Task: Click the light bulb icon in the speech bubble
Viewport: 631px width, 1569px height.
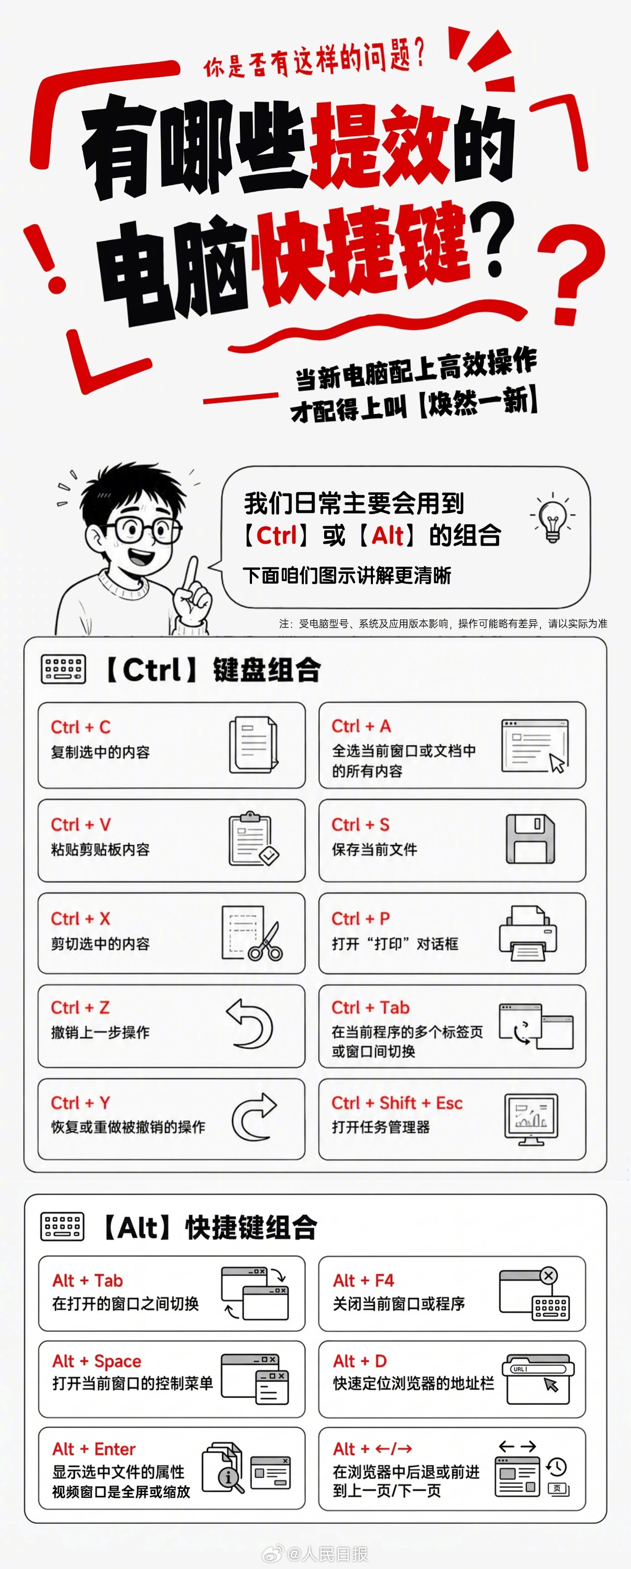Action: pyautogui.click(x=552, y=518)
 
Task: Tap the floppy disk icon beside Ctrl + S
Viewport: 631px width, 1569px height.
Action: pyautogui.click(x=530, y=839)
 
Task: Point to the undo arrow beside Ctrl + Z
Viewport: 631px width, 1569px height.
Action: pyautogui.click(x=249, y=1024)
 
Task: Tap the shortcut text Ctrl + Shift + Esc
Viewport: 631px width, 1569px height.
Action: pyautogui.click(x=397, y=1103)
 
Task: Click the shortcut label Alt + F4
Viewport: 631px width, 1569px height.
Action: pyautogui.click(x=363, y=1280)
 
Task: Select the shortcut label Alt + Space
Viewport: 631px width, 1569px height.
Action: pyautogui.click(x=97, y=1361)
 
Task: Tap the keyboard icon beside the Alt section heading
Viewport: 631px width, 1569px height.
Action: pyautogui.click(x=62, y=1226)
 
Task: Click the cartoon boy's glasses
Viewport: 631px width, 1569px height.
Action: pyautogui.click(x=144, y=529)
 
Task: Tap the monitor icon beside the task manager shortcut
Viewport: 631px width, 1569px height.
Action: pyautogui.click(x=531, y=1119)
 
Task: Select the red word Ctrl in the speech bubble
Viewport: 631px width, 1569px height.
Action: pyautogui.click(x=276, y=536)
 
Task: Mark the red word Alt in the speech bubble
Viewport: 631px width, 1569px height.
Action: pyautogui.click(x=387, y=536)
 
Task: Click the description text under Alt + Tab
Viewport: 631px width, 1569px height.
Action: pyautogui.click(x=125, y=1304)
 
